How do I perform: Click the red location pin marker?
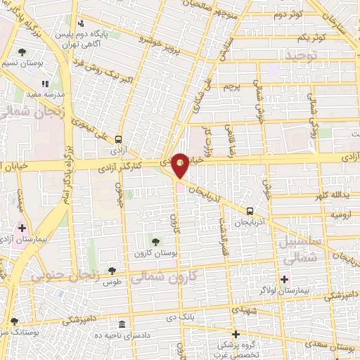point(180,165)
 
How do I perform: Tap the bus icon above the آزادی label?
point(117,139)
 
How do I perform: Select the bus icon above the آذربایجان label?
point(250,210)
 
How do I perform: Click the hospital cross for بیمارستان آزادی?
point(22,228)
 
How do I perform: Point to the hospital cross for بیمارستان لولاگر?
point(284,279)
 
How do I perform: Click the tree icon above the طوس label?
point(112,270)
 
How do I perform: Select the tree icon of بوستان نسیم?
point(22,52)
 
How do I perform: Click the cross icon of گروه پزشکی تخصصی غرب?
point(236,334)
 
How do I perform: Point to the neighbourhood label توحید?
point(302,53)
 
